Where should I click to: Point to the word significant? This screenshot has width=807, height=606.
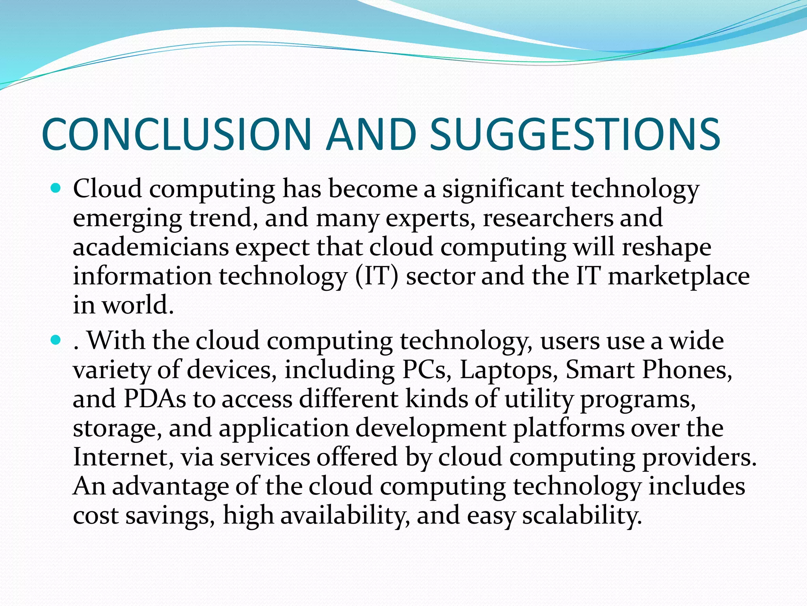(x=503, y=189)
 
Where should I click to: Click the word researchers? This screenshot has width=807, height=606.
(x=548, y=218)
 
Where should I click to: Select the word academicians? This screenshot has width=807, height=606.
(x=151, y=247)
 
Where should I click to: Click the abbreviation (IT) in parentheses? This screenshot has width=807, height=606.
(x=377, y=276)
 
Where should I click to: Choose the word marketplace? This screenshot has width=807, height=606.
(x=679, y=276)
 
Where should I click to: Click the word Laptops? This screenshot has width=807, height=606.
(x=509, y=370)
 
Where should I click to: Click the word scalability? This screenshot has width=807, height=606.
(x=582, y=515)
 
